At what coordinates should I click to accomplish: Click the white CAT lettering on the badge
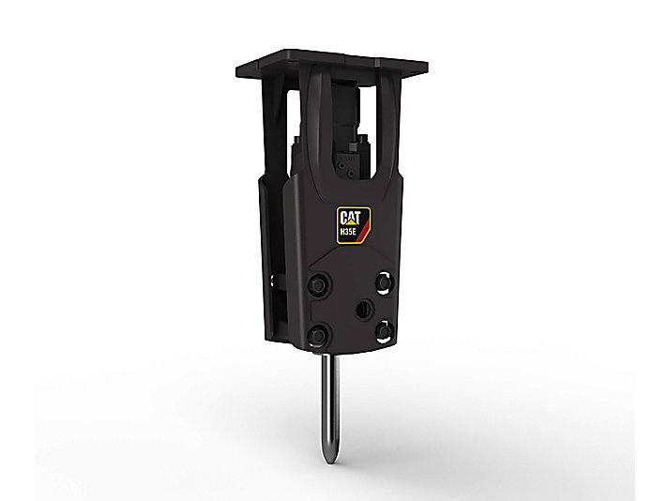tap(350, 218)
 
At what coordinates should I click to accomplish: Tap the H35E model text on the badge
tap(348, 232)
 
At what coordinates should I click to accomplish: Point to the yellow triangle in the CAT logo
tap(351, 222)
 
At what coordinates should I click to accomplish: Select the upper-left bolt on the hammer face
tap(318, 285)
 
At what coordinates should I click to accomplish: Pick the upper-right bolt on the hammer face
tap(384, 283)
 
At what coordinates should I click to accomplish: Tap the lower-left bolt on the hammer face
tap(318, 334)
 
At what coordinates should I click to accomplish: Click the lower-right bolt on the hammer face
tap(385, 330)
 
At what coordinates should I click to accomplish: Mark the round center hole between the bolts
tap(364, 310)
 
